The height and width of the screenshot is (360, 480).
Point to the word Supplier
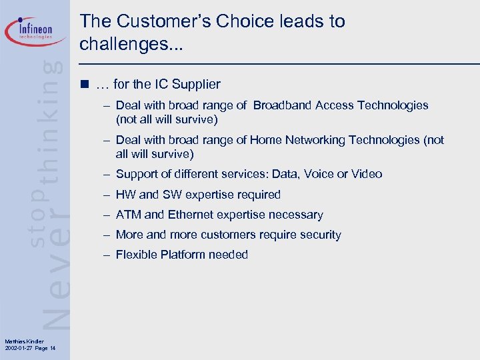tap(196, 85)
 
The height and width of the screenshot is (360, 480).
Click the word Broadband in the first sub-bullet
tap(283, 105)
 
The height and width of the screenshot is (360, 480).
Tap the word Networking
tap(313, 140)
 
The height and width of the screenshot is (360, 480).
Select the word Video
tap(367, 174)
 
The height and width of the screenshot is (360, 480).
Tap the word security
tap(320, 235)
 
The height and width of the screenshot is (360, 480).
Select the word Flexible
tap(137, 255)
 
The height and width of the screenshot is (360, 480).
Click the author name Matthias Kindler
tap(24, 342)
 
